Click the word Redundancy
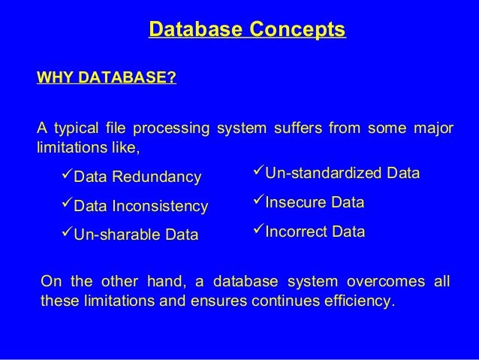pos(157,177)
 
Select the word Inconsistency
pos(159,206)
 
